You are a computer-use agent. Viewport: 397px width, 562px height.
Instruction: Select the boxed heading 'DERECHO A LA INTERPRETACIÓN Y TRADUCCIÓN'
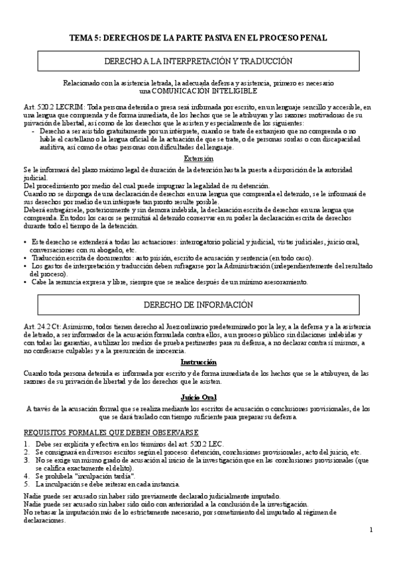point(198,60)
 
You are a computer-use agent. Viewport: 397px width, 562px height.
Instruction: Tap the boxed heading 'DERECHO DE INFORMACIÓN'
point(198,305)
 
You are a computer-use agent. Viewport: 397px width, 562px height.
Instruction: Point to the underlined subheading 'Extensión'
point(198,158)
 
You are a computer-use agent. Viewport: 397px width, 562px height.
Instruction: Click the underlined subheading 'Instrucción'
point(198,363)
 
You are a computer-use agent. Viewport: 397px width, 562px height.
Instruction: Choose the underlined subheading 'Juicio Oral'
point(198,396)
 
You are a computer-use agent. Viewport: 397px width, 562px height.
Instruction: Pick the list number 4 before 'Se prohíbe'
point(25,475)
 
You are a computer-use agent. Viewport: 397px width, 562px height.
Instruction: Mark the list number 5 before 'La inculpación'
point(25,484)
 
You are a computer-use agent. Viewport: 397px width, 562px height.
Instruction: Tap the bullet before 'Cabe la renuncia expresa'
point(25,282)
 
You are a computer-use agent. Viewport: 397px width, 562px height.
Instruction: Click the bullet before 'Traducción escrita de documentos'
point(25,257)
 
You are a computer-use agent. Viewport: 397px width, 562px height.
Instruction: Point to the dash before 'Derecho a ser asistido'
point(33,131)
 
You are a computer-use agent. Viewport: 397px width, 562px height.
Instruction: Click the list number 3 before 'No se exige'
point(25,459)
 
